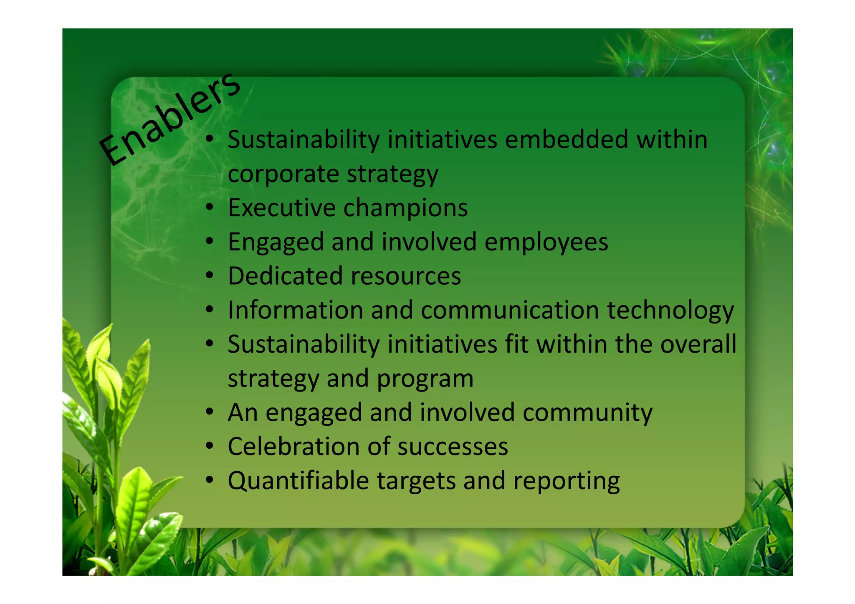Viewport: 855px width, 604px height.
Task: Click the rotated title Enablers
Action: [x=169, y=119]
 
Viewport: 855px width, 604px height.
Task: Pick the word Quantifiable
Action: [x=298, y=481]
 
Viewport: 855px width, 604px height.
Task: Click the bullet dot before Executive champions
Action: [x=210, y=207]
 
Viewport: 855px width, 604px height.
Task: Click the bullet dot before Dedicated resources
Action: [x=210, y=275]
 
